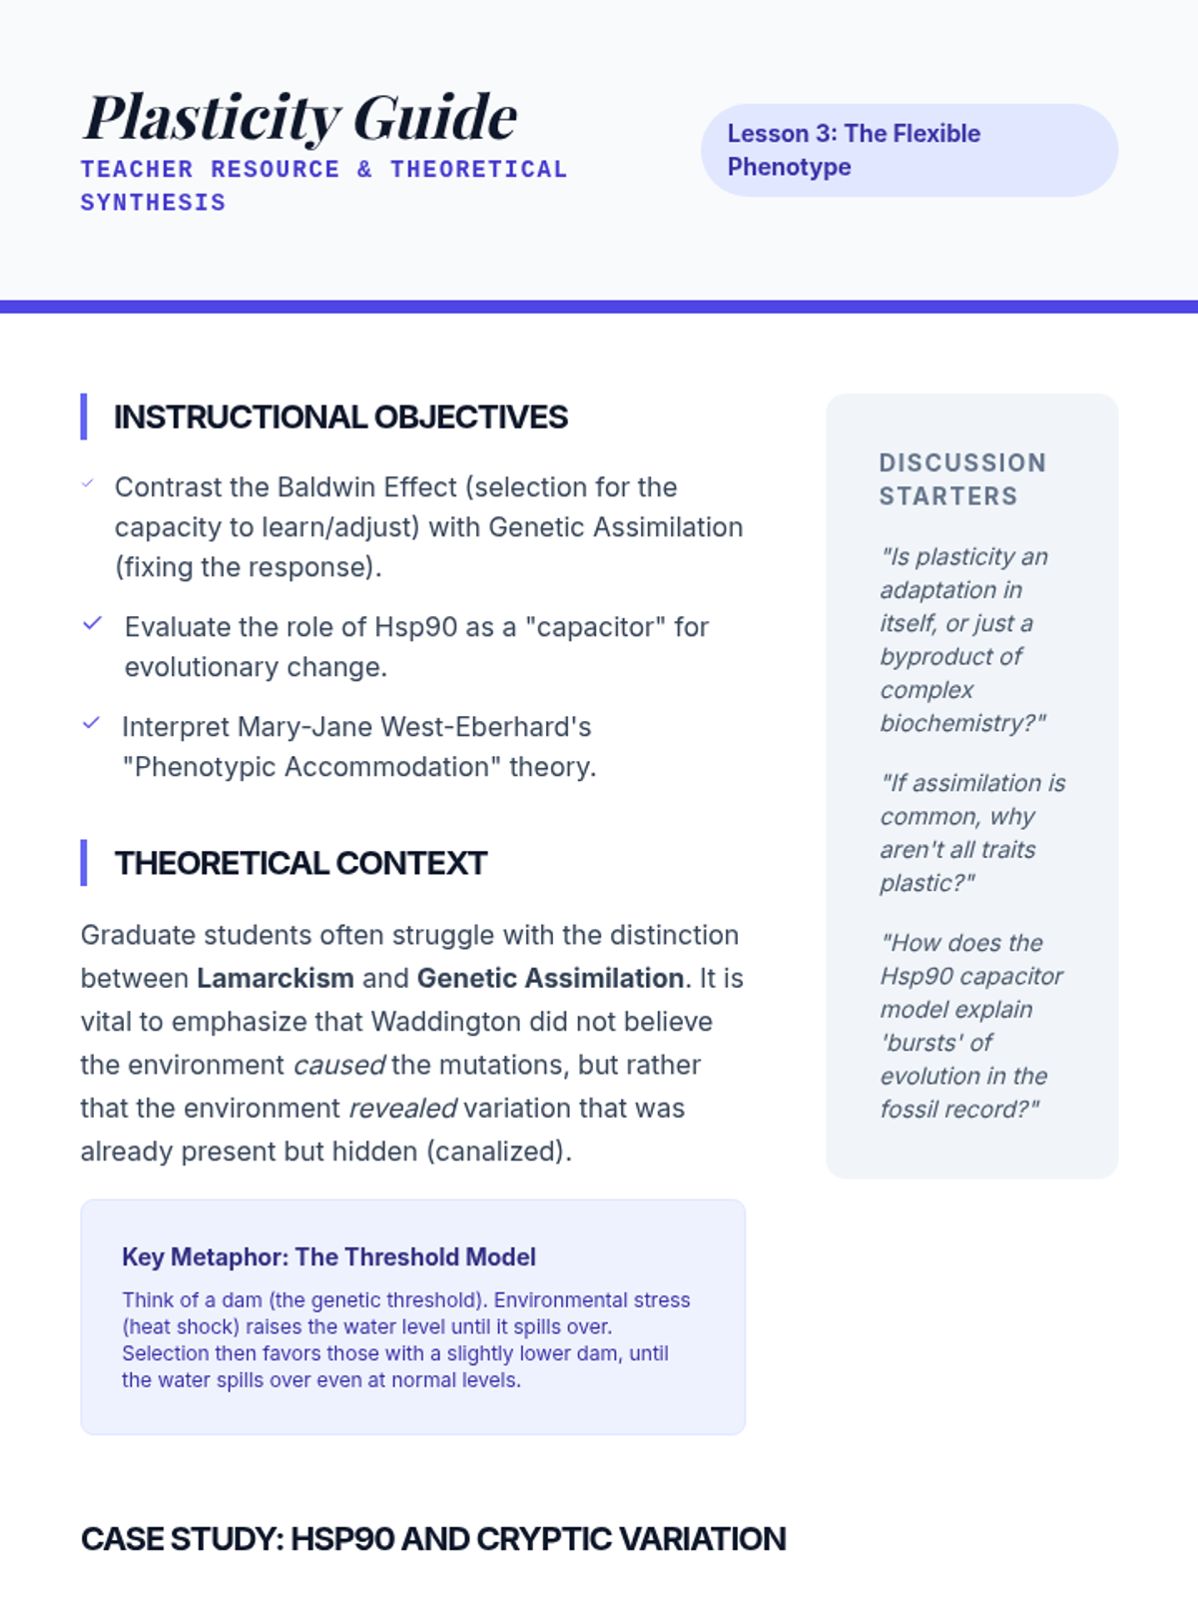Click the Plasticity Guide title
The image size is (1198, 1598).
299,118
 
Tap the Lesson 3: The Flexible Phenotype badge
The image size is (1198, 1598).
908,150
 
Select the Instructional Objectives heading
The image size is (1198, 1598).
340,417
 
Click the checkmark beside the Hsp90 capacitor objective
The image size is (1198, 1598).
93,624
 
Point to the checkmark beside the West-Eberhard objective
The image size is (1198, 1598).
92,723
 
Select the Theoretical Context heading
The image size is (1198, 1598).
300,863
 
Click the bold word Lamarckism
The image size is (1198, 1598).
275,978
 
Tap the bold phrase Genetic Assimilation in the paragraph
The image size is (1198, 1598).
550,978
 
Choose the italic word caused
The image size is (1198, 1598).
338,1065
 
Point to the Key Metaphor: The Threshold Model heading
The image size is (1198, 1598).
328,1256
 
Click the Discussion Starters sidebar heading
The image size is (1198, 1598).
962,479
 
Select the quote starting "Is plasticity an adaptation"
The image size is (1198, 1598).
963,639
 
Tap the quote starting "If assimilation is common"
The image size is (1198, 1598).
972,832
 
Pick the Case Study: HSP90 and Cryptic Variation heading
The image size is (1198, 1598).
433,1539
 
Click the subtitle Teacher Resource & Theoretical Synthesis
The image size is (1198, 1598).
323,186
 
